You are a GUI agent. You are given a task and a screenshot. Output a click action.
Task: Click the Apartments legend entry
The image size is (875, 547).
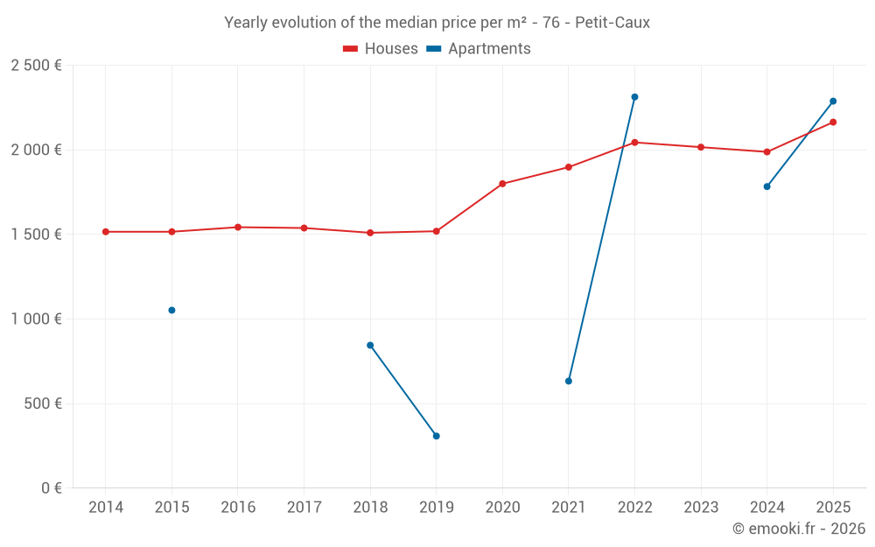(479, 49)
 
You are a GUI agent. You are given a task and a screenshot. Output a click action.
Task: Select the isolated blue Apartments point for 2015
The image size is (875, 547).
(171, 310)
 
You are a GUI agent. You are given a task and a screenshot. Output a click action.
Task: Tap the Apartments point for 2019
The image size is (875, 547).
(436, 436)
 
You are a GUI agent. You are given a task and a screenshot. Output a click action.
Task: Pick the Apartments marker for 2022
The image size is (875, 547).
(634, 97)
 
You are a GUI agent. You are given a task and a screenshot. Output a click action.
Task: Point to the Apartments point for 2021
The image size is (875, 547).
(569, 381)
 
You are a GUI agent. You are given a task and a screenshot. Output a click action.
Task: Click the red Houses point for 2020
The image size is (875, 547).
(502, 184)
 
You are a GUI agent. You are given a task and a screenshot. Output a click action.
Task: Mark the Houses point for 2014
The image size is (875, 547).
(106, 232)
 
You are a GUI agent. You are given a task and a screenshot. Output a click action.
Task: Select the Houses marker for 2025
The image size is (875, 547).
(833, 122)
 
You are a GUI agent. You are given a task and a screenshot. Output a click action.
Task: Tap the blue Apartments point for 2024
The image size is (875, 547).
(766, 186)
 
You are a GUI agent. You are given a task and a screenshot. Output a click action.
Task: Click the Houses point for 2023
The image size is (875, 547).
(701, 147)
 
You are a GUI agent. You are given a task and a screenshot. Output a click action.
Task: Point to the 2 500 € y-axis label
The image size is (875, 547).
(36, 66)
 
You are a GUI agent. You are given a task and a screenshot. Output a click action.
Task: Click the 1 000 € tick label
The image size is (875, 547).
(36, 319)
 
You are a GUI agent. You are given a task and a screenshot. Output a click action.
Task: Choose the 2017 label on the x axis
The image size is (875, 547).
(304, 508)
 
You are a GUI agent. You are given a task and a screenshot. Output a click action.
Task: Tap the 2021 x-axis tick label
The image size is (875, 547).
(569, 508)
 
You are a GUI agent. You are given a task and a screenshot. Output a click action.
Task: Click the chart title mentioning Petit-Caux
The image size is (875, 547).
(437, 23)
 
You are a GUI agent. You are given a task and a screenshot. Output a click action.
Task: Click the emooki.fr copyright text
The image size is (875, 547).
(798, 529)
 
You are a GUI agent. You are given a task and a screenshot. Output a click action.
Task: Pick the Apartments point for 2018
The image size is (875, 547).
(370, 345)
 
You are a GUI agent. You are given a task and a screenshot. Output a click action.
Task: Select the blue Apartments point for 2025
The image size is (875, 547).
(833, 101)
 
